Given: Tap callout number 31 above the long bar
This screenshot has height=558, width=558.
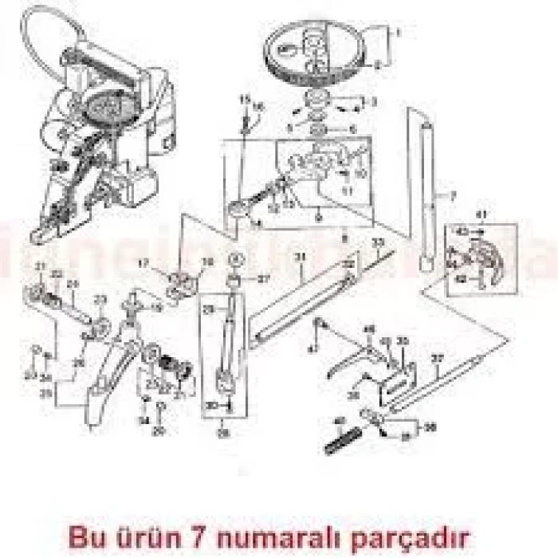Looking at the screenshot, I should pyautogui.click(x=301, y=257).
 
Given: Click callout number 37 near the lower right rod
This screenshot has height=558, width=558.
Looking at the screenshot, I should pyautogui.click(x=436, y=359).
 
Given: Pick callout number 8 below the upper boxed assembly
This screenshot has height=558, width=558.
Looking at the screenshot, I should pyautogui.click(x=344, y=238).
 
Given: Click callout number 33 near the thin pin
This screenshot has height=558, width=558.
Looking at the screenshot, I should pyautogui.click(x=379, y=242).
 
